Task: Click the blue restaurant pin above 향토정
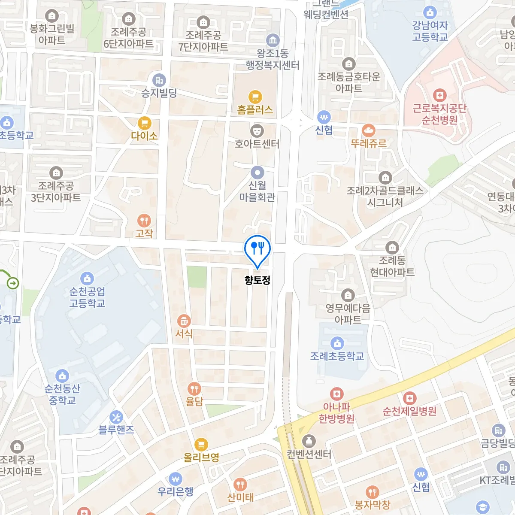tap(257, 249)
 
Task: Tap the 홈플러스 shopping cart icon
tap(255, 97)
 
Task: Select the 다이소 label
tap(144, 136)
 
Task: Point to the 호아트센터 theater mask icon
tap(257, 130)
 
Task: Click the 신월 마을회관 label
tap(257, 191)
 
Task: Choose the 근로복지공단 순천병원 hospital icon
tap(439, 95)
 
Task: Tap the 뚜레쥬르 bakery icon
tap(369, 130)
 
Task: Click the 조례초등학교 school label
tap(337, 356)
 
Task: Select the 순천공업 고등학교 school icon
tap(87, 278)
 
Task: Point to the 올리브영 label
tap(201, 457)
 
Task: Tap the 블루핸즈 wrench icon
tap(116, 417)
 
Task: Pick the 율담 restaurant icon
tap(194, 389)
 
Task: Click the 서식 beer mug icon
tap(184, 321)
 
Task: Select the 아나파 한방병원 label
tap(336, 412)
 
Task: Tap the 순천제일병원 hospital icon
tap(409, 398)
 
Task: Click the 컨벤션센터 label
tap(309, 454)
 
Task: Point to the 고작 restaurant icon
tap(144, 221)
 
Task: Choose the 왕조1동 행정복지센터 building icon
tap(273, 41)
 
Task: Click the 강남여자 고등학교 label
tap(430, 31)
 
